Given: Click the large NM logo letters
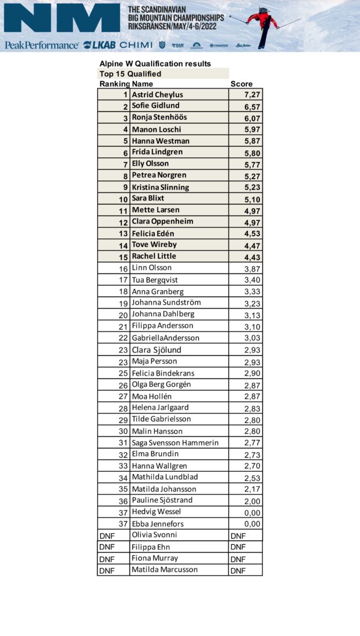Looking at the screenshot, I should (61, 18).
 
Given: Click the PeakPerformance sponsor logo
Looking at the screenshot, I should (41, 45).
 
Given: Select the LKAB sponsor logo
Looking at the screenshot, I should (99, 45).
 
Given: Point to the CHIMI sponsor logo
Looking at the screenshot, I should (136, 45).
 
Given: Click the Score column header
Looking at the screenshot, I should (242, 84).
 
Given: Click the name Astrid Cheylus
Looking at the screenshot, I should (157, 94).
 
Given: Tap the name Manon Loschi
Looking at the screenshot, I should (156, 129).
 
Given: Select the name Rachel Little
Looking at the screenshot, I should (154, 256).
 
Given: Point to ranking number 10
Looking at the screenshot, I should (123, 199).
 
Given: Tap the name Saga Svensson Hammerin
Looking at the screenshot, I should (175, 442).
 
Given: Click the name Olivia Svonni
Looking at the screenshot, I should (154, 535).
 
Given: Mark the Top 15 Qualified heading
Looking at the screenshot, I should (130, 74).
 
